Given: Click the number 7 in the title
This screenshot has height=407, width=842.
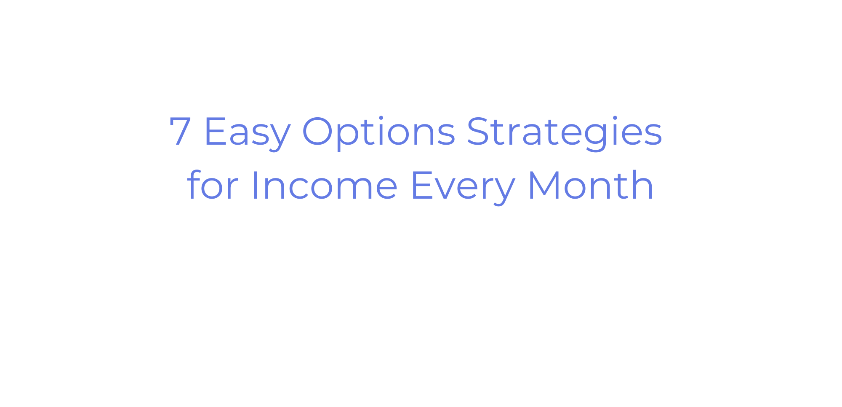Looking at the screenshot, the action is click(180, 131).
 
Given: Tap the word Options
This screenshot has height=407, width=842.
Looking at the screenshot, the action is click(379, 132).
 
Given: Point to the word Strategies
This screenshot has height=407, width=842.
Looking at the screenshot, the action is click(565, 132).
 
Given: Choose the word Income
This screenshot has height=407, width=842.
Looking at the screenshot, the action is click(324, 185).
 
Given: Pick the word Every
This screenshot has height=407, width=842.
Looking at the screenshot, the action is click(462, 187).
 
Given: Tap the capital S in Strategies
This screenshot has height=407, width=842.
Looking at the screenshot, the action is click(479, 131).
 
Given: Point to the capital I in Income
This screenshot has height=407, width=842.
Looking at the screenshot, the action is click(254, 185).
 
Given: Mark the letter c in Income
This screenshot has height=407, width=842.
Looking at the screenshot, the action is click(297, 189).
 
